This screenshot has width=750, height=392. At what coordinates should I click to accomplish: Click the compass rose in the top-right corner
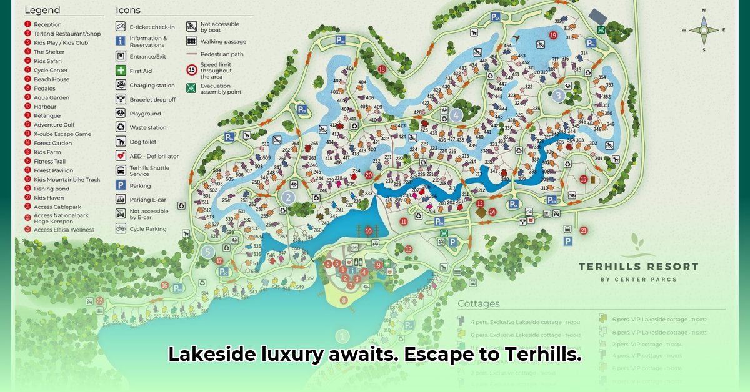coord(704,30)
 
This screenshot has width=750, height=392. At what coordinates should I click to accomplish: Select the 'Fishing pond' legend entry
coord(51,189)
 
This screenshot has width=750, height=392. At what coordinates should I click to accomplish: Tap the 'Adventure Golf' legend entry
coord(54,125)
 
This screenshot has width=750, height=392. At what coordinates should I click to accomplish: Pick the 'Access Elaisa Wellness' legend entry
coord(64,230)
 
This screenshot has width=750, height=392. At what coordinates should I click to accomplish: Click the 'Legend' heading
coord(42,10)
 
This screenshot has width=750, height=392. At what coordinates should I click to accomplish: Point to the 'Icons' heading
coord(128,10)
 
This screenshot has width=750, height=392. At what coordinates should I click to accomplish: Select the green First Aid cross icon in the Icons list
coord(121,71)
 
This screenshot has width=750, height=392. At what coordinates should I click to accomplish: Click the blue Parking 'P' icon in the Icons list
coord(121,185)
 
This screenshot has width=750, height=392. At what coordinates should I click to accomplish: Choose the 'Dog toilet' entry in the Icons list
coord(144,142)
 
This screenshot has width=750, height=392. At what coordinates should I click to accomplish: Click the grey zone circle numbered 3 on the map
coord(558,96)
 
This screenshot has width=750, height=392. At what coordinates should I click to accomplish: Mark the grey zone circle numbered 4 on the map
coord(456,115)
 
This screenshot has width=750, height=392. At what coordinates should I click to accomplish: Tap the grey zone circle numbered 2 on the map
coord(287,197)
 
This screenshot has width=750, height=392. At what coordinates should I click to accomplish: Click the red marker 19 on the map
coord(553,35)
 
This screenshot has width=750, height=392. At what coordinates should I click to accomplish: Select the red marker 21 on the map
coord(584,230)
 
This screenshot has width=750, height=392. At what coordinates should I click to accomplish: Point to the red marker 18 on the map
coord(381,69)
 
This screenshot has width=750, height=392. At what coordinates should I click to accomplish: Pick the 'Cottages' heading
coord(479,304)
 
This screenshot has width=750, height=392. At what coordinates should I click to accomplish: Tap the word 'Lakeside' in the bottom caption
coord(206,355)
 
